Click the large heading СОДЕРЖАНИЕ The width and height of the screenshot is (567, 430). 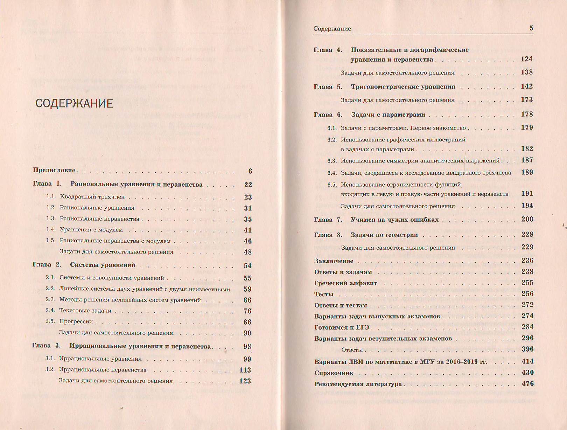click(x=74, y=104)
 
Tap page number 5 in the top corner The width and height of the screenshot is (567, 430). click(x=531, y=28)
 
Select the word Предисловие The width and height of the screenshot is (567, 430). click(x=54, y=170)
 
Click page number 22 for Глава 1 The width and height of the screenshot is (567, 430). click(x=248, y=185)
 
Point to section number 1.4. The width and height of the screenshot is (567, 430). click(x=51, y=230)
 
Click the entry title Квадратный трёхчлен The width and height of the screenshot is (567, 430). click(x=92, y=197)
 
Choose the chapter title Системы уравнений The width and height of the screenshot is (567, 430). click(x=103, y=265)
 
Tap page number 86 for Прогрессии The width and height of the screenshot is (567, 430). click(x=247, y=322)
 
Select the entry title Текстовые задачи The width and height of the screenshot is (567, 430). click(x=85, y=311)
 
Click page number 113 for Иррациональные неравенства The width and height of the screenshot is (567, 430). click(x=245, y=370)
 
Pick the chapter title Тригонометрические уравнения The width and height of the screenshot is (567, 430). click(x=403, y=87)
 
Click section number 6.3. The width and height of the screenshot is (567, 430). click(x=332, y=161)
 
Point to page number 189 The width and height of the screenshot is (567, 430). click(x=527, y=172)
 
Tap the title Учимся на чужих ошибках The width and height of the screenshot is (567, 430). click(x=394, y=220)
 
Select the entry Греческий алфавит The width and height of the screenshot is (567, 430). click(x=345, y=283)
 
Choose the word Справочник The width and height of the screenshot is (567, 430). click(x=334, y=373)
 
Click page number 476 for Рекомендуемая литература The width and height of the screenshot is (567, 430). click(x=527, y=384)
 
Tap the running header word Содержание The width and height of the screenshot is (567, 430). click(x=332, y=29)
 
